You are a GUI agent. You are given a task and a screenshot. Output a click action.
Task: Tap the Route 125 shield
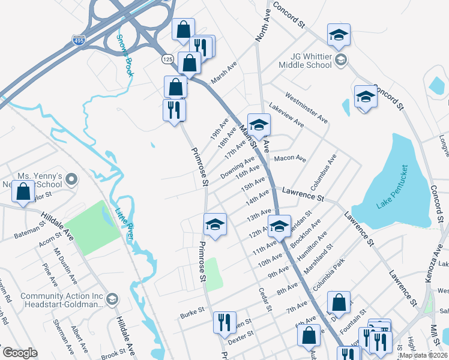pos(167,60)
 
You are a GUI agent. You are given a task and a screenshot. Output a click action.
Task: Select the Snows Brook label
pos(124,55)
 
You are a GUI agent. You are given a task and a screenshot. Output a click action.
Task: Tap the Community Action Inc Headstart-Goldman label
pos(62,300)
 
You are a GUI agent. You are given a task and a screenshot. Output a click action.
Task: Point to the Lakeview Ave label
pos(287,113)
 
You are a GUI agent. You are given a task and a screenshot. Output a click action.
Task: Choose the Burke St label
pos(192,313)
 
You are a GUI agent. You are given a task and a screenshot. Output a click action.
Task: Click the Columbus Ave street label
pos(324,170)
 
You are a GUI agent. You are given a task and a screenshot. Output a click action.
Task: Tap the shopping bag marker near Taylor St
pos(23,192)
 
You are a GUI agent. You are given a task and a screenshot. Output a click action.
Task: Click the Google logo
pos(20,352)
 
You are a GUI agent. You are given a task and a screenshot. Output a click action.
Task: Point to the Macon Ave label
pos(290,158)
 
